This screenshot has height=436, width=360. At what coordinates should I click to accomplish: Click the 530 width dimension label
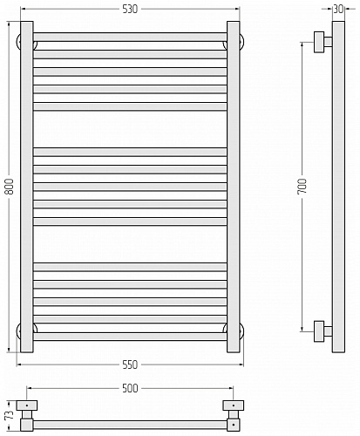click(x=130, y=10)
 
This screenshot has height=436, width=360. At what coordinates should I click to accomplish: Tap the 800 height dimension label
click(x=10, y=187)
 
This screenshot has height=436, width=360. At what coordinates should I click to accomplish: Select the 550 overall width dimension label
click(x=130, y=364)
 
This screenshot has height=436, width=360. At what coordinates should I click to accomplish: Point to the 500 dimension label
click(x=130, y=388)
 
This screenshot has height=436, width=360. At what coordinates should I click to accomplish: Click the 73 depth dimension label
click(x=10, y=414)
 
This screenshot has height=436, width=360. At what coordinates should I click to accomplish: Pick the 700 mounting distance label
click(x=302, y=187)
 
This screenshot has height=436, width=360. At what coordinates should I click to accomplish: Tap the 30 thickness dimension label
click(x=338, y=10)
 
